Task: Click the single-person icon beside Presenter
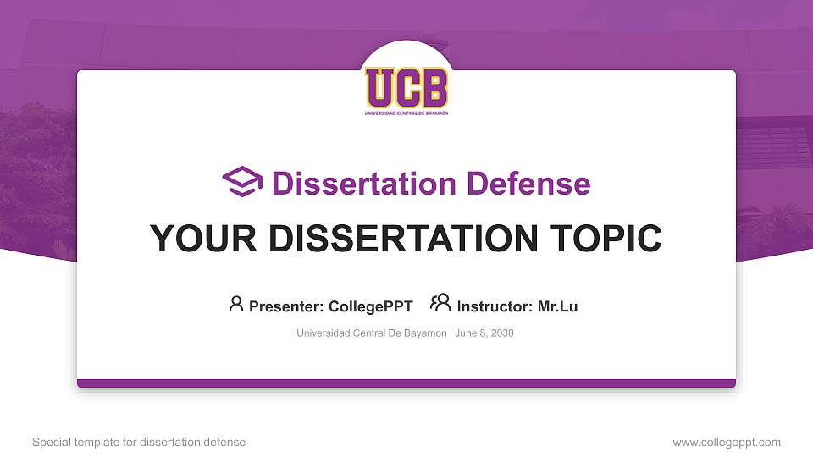(236, 304)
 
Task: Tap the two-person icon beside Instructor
(440, 303)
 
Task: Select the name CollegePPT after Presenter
(370, 306)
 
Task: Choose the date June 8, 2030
(484, 333)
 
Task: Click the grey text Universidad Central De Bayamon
(371, 333)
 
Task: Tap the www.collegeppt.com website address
(727, 442)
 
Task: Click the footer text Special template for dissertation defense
(139, 442)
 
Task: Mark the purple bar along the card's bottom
(406, 383)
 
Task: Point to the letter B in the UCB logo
(433, 87)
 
